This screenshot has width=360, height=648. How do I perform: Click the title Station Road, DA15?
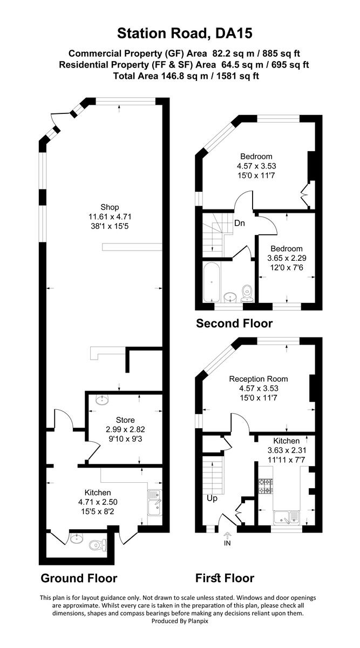pyautogui.click(x=185, y=34)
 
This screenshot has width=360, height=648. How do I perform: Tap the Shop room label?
pyautogui.click(x=110, y=207)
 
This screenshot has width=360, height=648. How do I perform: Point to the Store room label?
pyautogui.click(x=125, y=420)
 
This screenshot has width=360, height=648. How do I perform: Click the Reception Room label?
pyautogui.click(x=258, y=379)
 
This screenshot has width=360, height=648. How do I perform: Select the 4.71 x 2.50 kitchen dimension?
pyautogui.click(x=98, y=502)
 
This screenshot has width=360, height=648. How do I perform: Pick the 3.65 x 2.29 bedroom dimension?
pyautogui.click(x=287, y=258)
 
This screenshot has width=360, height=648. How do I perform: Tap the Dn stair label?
pyautogui.click(x=241, y=223)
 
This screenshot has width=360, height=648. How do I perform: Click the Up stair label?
pyautogui.click(x=212, y=498)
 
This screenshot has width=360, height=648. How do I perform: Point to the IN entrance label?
pyautogui.click(x=227, y=543)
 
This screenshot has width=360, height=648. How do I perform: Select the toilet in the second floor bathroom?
pyautogui.click(x=248, y=292)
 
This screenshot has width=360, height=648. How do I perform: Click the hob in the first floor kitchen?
pyautogui.click(x=266, y=487)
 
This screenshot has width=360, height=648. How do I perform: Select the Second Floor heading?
pyautogui.click(x=234, y=323)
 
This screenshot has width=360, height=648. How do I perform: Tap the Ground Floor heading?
pyautogui.click(x=79, y=578)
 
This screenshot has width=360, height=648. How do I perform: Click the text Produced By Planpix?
pyautogui.click(x=180, y=621)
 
